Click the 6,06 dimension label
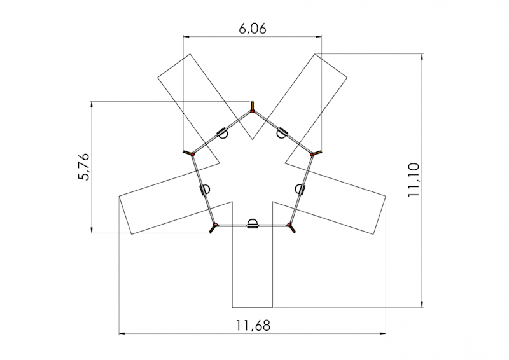(252, 29)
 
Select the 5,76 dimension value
(83, 167)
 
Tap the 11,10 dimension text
(414, 180)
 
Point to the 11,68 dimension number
(253, 325)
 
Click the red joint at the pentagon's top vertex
(252, 111)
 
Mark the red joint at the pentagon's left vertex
(193, 155)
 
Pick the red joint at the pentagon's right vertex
(312, 155)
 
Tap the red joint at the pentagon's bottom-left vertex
(215, 225)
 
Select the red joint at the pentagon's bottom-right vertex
(289, 225)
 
